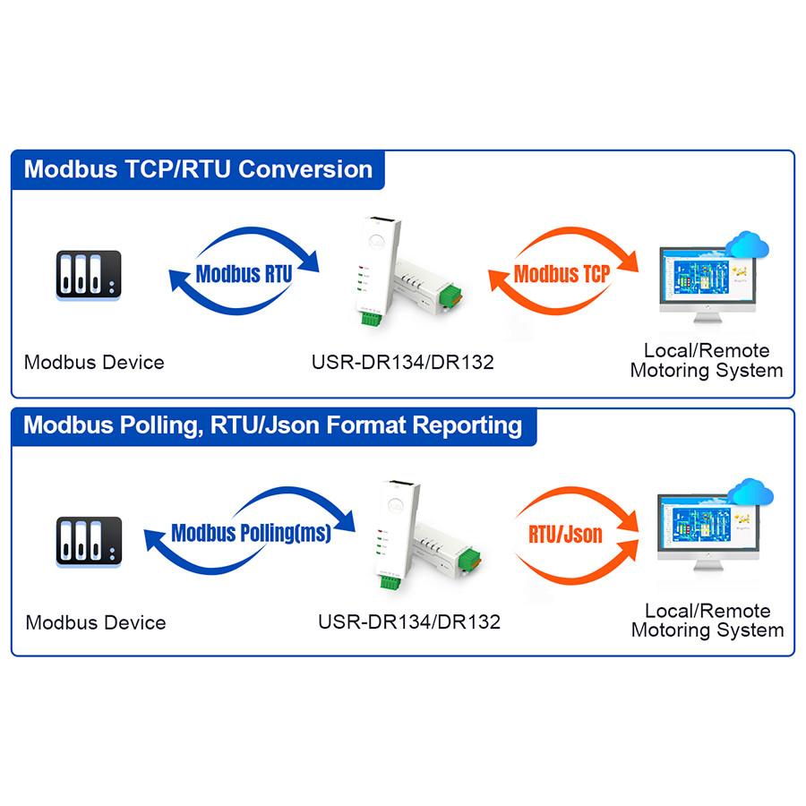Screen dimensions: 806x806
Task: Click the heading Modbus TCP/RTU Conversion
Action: point(198,169)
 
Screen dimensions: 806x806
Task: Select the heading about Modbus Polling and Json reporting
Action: point(272,424)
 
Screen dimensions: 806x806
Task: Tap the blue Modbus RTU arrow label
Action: point(244,273)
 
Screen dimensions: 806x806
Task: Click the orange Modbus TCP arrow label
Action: point(562,273)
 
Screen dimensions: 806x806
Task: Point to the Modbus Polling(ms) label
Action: point(251,534)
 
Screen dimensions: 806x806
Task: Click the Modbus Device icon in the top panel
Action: point(87,275)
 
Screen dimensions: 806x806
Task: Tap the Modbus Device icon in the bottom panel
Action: point(88,540)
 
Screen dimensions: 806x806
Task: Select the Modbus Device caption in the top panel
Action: point(94,363)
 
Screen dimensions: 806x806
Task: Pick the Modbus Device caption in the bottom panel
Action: point(96,622)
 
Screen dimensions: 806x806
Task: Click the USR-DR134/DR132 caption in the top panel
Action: point(402,363)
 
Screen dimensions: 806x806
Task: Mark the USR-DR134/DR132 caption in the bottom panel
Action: point(409,622)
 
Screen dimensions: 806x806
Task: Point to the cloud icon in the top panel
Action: point(749,244)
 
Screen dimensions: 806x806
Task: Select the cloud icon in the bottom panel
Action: point(750,492)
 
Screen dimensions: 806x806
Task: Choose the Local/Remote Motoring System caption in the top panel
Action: point(707,360)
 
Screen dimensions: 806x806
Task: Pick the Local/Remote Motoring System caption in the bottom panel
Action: point(707,621)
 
